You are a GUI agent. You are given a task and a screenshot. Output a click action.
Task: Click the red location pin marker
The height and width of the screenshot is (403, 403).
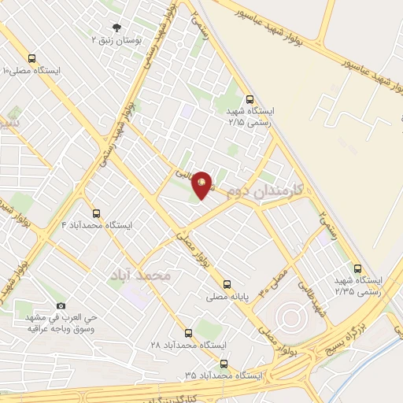click(202, 184)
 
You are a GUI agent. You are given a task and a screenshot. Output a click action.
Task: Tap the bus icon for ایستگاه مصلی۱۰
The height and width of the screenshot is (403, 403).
click(31, 58)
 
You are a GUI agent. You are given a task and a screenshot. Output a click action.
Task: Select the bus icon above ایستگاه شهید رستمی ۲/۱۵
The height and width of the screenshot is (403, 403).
click(250, 100)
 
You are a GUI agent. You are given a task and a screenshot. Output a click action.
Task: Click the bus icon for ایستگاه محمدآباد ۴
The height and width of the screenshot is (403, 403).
click(96, 213)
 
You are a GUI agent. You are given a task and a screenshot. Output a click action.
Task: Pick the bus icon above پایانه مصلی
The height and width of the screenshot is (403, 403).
click(227, 284)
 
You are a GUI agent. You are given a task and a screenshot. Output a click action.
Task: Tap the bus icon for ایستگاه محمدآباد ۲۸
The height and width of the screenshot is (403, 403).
click(187, 333)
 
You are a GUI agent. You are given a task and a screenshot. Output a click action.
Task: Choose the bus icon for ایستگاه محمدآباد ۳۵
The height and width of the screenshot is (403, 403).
click(224, 364)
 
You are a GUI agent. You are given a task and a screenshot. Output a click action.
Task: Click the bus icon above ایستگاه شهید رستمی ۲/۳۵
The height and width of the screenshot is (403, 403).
click(358, 268)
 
